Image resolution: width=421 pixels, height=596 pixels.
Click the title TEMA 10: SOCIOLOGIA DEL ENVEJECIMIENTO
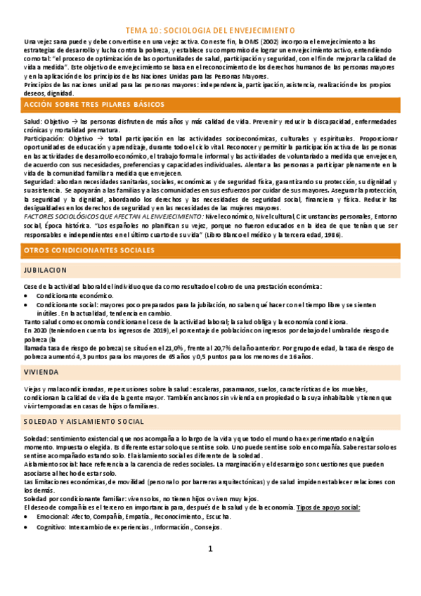(x=210, y=31)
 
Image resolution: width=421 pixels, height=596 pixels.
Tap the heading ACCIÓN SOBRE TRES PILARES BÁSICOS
(x=89, y=104)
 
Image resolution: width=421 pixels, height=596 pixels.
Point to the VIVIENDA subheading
(x=41, y=371)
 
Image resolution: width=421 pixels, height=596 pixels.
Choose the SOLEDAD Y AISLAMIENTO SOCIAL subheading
(x=84, y=422)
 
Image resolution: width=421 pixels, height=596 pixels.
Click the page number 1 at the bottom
(x=209, y=549)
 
